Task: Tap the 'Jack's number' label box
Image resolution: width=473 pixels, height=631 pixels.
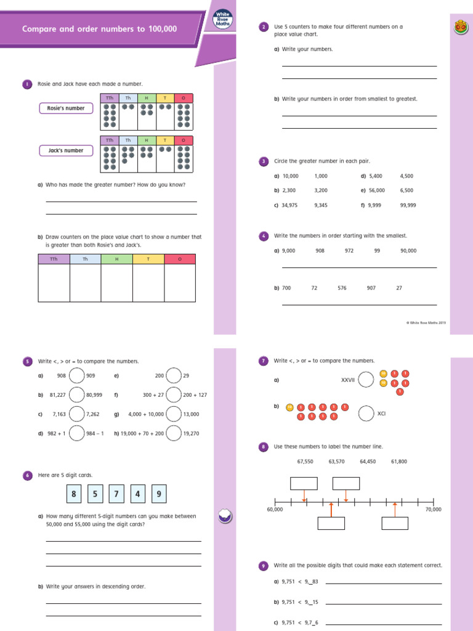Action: coord(65,150)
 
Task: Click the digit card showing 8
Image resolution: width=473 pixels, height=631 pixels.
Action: coord(74,494)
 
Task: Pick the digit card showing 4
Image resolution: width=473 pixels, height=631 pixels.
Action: coord(138,494)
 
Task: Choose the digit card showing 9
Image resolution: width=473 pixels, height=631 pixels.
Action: coord(159,494)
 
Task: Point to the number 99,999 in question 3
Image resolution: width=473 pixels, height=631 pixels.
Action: coord(408,205)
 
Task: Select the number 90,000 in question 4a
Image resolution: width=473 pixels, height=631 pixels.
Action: coord(408,251)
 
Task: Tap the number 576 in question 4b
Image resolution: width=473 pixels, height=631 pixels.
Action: coord(342,288)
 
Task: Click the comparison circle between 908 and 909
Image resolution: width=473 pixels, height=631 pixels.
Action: coord(77,375)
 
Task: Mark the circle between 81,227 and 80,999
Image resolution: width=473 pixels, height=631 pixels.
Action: coord(77,394)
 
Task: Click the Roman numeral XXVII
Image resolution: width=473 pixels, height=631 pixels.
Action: coord(348,380)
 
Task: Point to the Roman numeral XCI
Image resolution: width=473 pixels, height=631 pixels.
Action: coord(381,414)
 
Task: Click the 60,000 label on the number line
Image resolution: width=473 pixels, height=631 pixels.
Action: coord(275,510)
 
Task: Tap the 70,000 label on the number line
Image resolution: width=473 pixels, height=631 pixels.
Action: coord(433,510)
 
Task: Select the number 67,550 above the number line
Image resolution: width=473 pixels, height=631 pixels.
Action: coord(305,461)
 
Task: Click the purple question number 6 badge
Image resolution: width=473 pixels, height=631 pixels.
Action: coord(27,475)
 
